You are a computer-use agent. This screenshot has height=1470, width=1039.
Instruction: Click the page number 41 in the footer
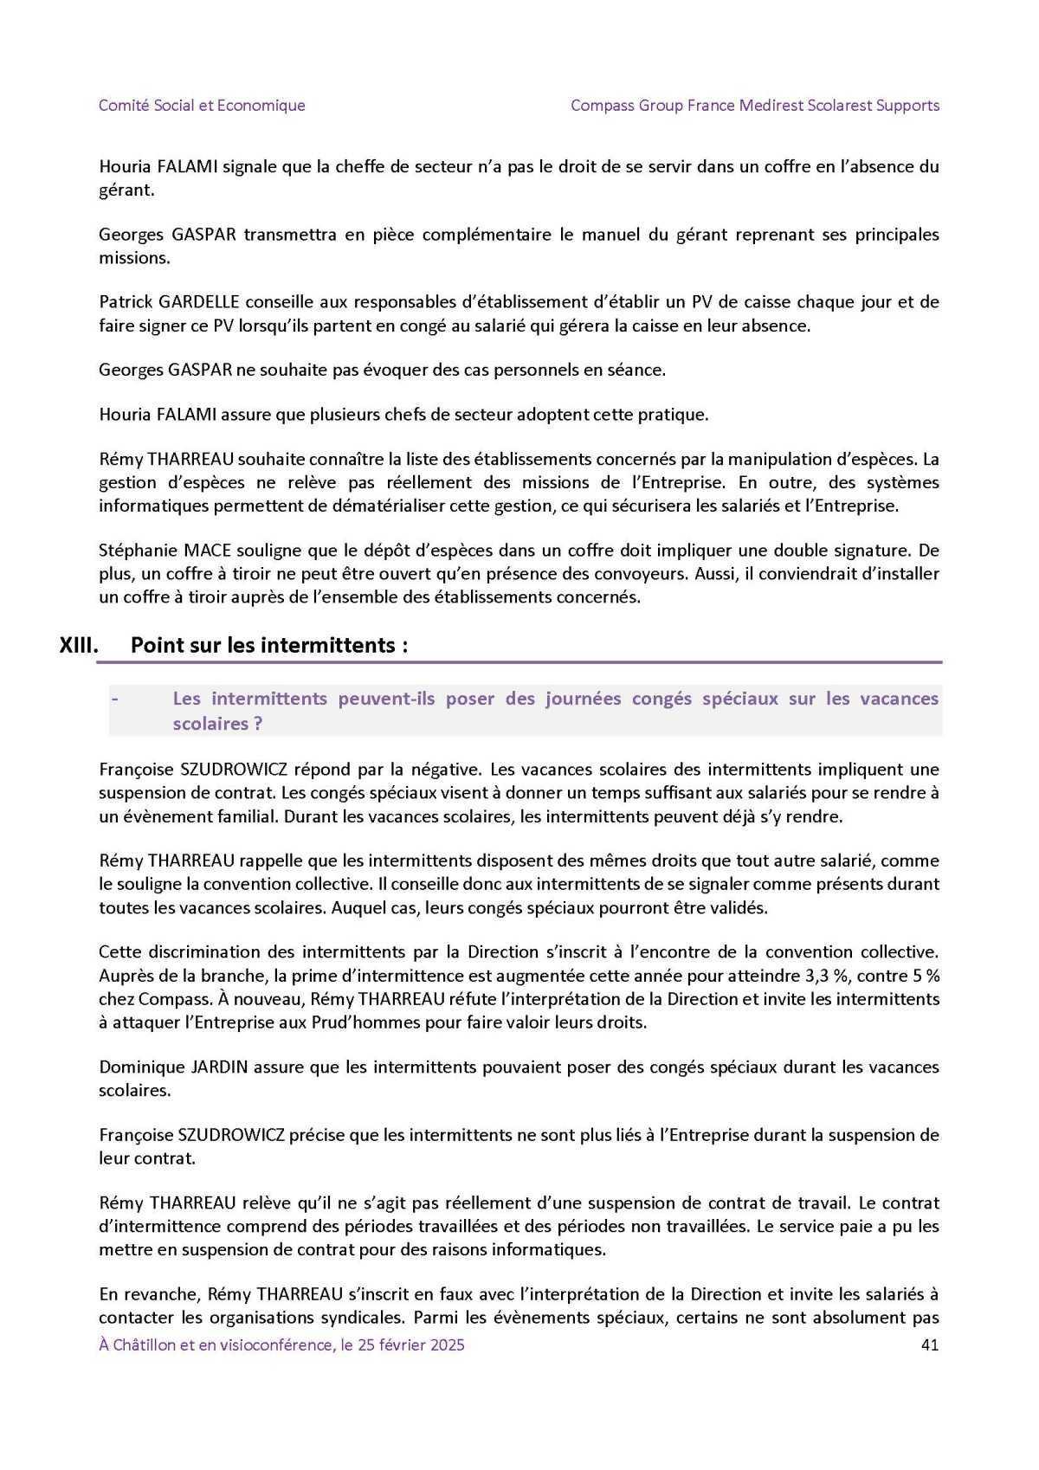[x=930, y=1344]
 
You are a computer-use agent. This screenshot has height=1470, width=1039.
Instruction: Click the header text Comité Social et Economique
[x=202, y=106]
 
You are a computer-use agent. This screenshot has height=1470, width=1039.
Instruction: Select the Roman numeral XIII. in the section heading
[x=79, y=645]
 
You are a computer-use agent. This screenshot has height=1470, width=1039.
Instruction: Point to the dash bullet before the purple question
[x=113, y=699]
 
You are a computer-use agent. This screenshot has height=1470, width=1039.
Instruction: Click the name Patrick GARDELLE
[x=169, y=302]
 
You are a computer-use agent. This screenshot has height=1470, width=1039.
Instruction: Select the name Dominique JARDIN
[x=173, y=1067]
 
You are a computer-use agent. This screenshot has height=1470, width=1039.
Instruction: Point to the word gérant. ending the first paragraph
[x=126, y=190]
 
